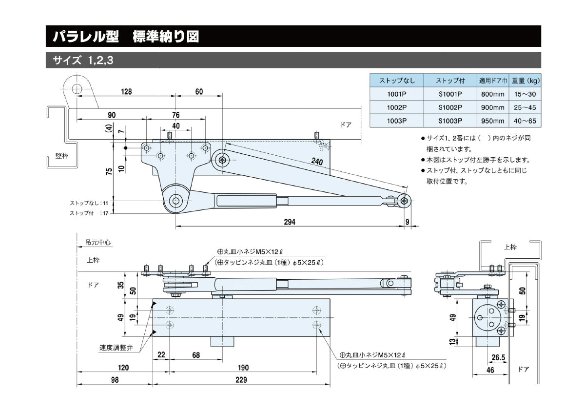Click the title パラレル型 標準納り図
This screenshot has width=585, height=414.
click(x=126, y=37)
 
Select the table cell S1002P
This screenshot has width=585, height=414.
click(x=450, y=107)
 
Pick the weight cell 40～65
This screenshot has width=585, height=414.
click(x=525, y=121)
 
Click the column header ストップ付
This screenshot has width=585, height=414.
click(x=450, y=81)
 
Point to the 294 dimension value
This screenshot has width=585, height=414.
click(x=290, y=222)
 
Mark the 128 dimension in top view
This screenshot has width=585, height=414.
click(x=126, y=92)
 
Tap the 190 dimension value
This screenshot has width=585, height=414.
click(x=243, y=368)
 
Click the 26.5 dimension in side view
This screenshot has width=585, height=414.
click(x=498, y=357)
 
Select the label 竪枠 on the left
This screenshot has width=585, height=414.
click(x=62, y=156)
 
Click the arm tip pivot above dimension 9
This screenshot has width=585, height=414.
click(x=403, y=200)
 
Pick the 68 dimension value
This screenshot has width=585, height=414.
click(x=195, y=355)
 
